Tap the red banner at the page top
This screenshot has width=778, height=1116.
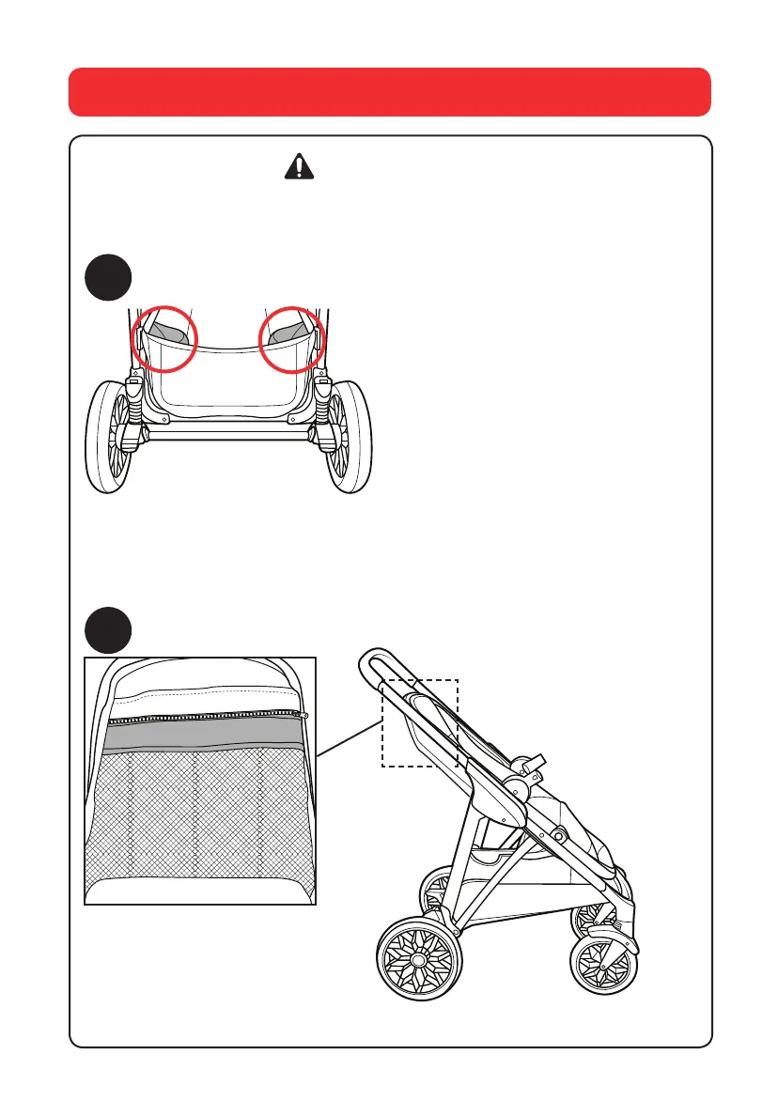pos(389,91)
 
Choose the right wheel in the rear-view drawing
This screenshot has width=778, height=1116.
pos(350,437)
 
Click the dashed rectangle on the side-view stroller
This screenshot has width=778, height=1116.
pos(419,722)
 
